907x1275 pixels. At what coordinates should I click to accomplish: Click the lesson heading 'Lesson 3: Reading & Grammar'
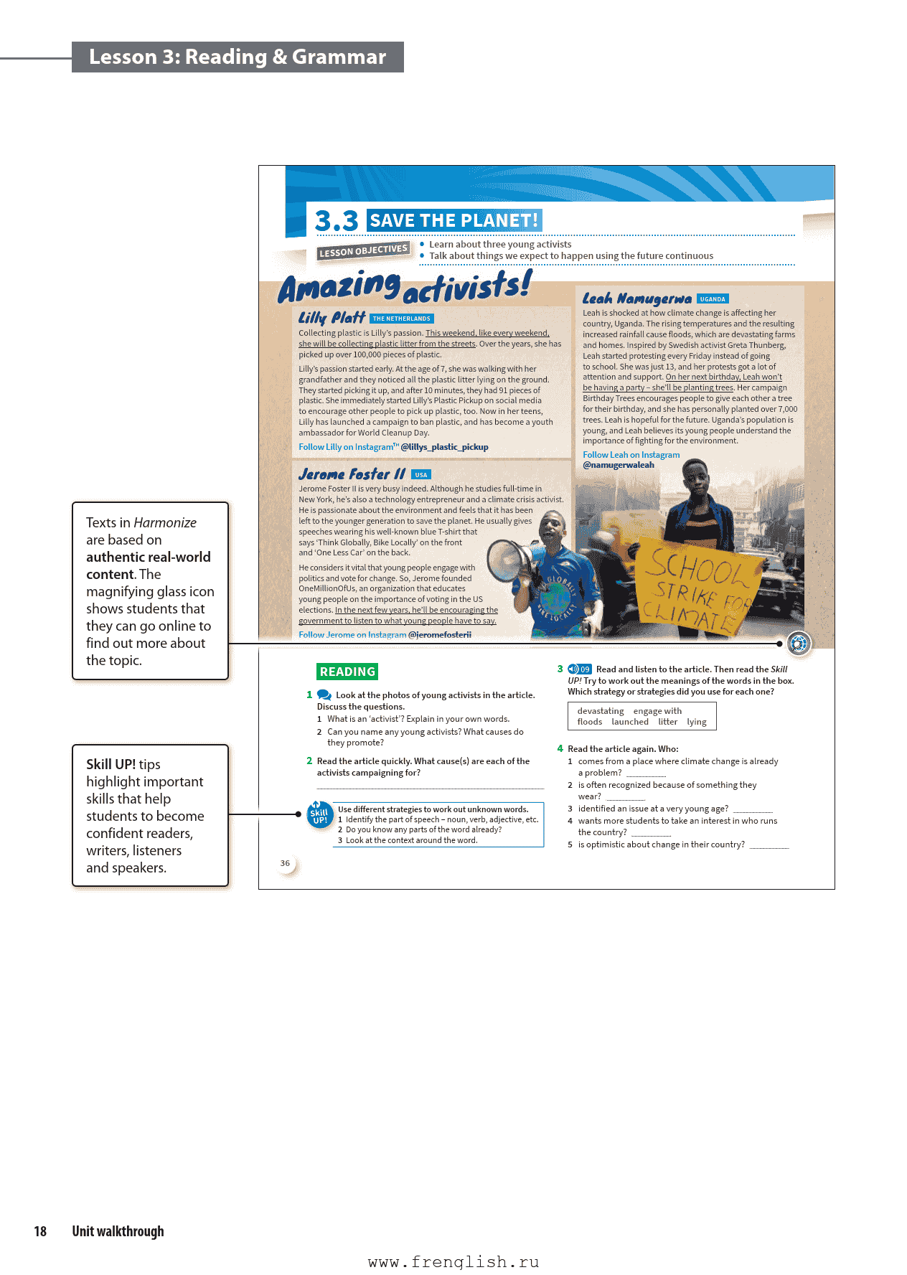[237, 57]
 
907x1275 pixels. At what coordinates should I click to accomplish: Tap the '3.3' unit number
[336, 221]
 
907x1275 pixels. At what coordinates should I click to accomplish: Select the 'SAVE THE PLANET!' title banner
[454, 220]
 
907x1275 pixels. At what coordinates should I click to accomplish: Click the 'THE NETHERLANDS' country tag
[402, 319]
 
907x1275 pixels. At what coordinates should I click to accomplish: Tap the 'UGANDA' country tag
[712, 299]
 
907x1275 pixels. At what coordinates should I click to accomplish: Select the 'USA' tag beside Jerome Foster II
[421, 475]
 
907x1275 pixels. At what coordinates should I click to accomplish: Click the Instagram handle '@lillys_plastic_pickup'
[444, 447]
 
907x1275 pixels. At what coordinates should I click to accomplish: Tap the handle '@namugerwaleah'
[619, 465]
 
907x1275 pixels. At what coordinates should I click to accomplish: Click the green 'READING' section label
[347, 672]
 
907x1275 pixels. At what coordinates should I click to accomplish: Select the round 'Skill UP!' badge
[319, 815]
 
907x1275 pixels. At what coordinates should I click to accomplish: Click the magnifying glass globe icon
[799, 643]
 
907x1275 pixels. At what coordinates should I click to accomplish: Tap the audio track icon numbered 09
[579, 669]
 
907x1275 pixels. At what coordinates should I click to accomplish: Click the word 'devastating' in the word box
[601, 711]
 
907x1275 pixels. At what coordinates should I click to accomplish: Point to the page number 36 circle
[286, 863]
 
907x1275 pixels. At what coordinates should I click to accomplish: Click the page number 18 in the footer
[40, 1231]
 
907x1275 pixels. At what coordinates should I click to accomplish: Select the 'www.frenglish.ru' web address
[454, 1262]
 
